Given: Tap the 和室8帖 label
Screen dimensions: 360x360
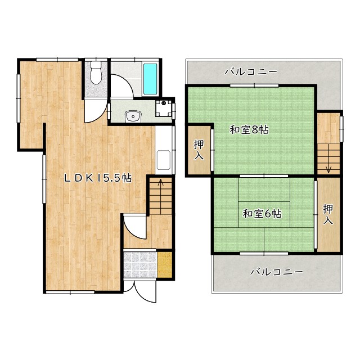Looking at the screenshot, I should (249, 130).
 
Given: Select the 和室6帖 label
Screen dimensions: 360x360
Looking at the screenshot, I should (262, 214).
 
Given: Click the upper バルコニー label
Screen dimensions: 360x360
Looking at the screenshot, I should (250, 72).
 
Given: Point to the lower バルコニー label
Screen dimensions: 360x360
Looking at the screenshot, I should (277, 271).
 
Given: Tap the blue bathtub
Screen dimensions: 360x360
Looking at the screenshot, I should (150, 79).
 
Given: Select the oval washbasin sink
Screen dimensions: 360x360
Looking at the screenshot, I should (133, 116).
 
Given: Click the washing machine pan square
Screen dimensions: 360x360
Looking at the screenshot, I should (164, 107).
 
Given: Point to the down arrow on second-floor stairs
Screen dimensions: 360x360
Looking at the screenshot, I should (328, 166).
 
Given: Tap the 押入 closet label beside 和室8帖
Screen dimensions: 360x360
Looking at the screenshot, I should (199, 149).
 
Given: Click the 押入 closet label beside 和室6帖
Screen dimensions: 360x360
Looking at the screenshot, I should (328, 214).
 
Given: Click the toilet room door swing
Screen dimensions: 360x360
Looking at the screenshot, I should (95, 111).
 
